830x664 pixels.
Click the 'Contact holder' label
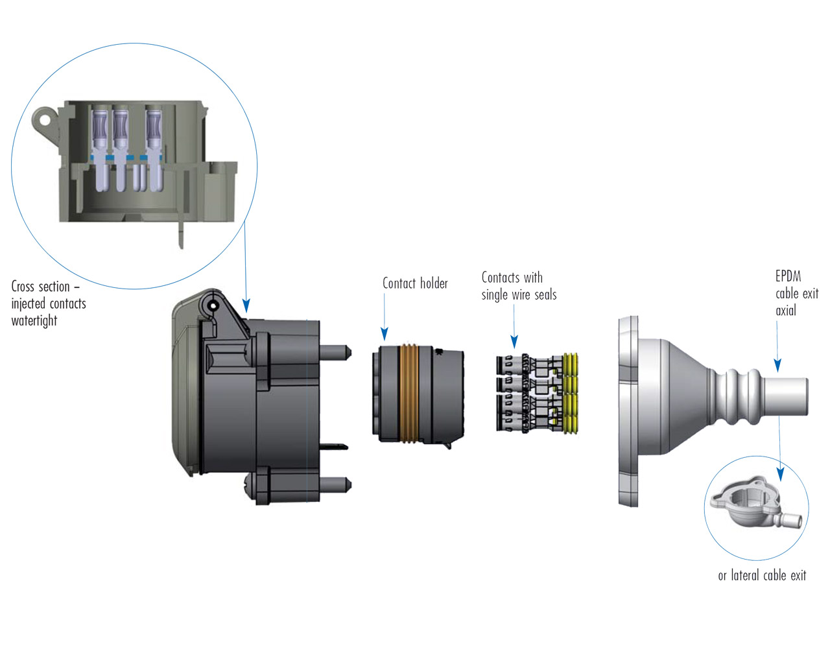click(415, 283)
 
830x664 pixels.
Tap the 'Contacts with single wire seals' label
click(519, 286)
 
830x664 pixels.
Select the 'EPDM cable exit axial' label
click(796, 293)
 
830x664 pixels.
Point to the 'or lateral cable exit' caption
click(762, 575)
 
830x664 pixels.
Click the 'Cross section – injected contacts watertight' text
click(48, 303)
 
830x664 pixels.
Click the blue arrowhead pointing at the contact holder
click(385, 333)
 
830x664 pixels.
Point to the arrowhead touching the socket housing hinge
click(246, 305)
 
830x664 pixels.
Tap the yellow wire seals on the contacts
click(571, 394)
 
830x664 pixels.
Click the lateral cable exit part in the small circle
click(752, 503)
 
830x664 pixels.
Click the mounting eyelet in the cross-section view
click(44, 119)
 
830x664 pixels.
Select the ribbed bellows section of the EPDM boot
click(735, 396)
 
